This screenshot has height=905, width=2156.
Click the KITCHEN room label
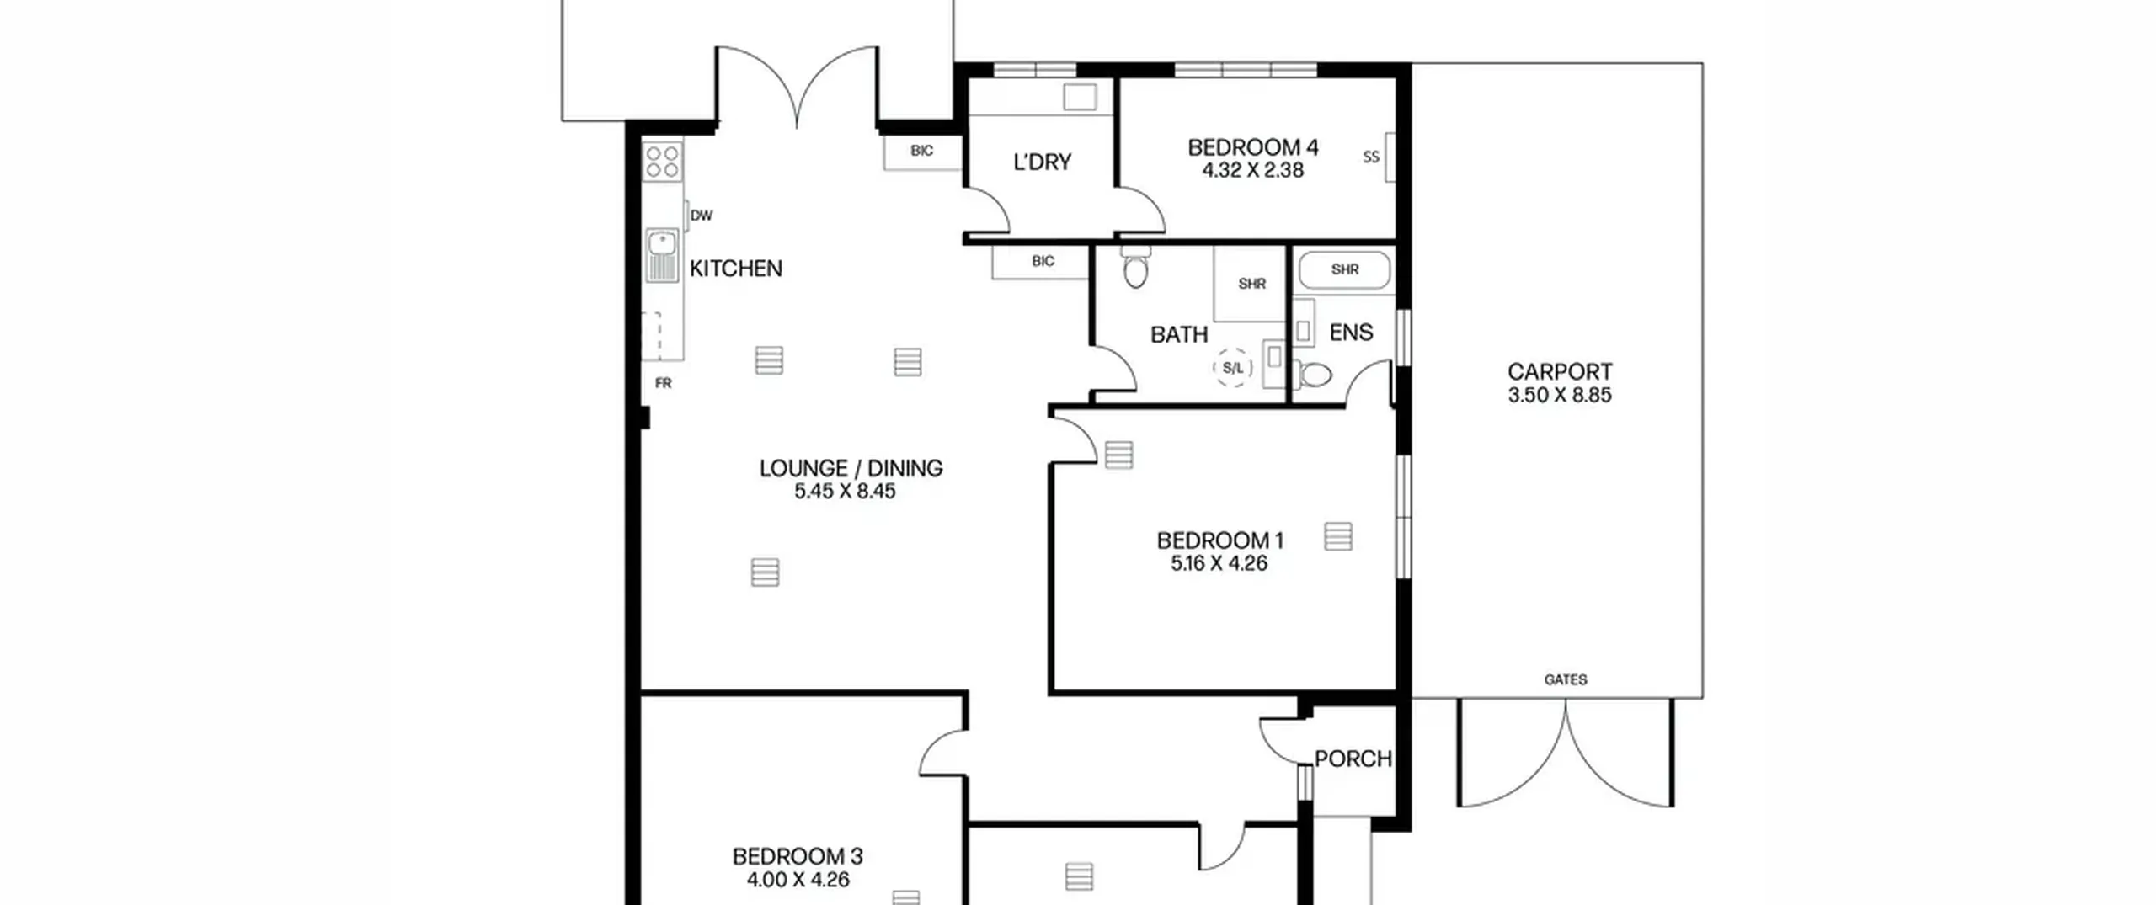point(736,269)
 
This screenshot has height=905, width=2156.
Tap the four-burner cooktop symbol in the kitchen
point(663,162)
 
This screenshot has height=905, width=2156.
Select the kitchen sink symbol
point(662,255)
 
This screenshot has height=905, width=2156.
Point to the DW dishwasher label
point(702,216)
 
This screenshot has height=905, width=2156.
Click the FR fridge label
point(664,383)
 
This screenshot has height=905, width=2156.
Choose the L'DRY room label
point(1042,162)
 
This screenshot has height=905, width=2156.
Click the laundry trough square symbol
point(1080,97)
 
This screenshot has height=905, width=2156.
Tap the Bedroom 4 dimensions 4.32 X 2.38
point(1252,170)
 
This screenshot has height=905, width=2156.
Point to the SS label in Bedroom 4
point(1371,157)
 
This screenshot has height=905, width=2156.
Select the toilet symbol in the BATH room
point(1135,266)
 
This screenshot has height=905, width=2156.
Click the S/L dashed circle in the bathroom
point(1233,368)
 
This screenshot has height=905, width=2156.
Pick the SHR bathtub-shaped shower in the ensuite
point(1344,270)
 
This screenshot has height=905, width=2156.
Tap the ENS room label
point(1351,333)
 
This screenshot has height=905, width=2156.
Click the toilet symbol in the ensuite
point(1311,374)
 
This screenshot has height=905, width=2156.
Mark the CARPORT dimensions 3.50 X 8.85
point(1560,395)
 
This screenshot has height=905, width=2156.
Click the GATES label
point(1566,679)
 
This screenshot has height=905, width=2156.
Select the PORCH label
point(1353,759)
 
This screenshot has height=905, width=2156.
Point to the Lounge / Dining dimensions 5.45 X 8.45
point(845,491)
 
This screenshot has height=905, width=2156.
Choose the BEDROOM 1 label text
point(1219,540)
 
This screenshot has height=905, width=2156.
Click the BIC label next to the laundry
point(921,151)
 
